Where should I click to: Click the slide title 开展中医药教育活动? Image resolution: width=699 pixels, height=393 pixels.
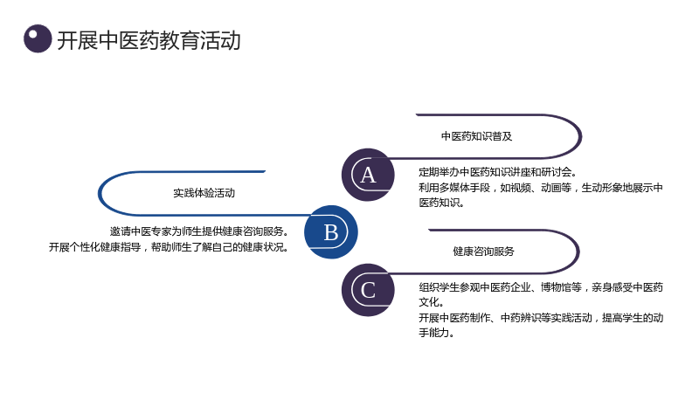[149, 40]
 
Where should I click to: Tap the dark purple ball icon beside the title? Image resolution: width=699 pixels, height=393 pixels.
[38, 38]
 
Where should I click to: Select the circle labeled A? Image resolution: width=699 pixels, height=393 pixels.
[368, 175]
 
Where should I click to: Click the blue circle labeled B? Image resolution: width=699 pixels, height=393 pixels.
[331, 231]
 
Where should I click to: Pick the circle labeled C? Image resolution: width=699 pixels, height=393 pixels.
[368, 290]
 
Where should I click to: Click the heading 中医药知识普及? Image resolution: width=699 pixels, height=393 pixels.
[476, 136]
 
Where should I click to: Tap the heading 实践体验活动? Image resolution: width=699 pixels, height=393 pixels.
[204, 193]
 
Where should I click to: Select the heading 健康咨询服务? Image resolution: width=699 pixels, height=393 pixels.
[483, 252]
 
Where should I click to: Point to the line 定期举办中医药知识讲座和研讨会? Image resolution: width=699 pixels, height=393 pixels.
[497, 172]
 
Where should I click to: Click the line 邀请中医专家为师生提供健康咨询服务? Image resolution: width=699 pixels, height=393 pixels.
[199, 231]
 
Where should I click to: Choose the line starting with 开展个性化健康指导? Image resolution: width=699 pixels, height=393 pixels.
[169, 247]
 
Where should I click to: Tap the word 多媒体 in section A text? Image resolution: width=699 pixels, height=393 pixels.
[453, 188]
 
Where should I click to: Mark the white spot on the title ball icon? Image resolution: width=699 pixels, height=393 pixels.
[32, 33]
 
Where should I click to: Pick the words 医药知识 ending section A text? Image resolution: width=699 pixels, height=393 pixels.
[441, 203]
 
